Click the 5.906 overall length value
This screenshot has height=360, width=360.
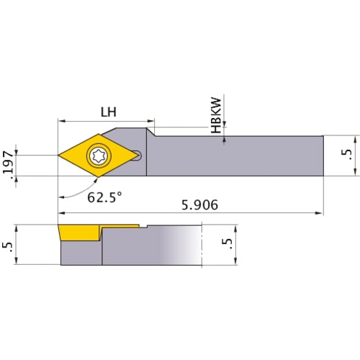(x=199, y=205)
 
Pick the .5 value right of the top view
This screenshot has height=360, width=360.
(x=349, y=155)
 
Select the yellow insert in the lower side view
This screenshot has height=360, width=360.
(x=79, y=233)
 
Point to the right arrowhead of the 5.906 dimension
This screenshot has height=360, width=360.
(x=319, y=213)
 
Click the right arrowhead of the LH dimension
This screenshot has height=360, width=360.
(x=150, y=120)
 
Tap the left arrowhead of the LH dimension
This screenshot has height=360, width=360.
(x=61, y=120)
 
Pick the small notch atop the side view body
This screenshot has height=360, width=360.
(x=145, y=227)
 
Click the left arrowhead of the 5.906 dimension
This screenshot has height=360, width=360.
(x=61, y=213)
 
